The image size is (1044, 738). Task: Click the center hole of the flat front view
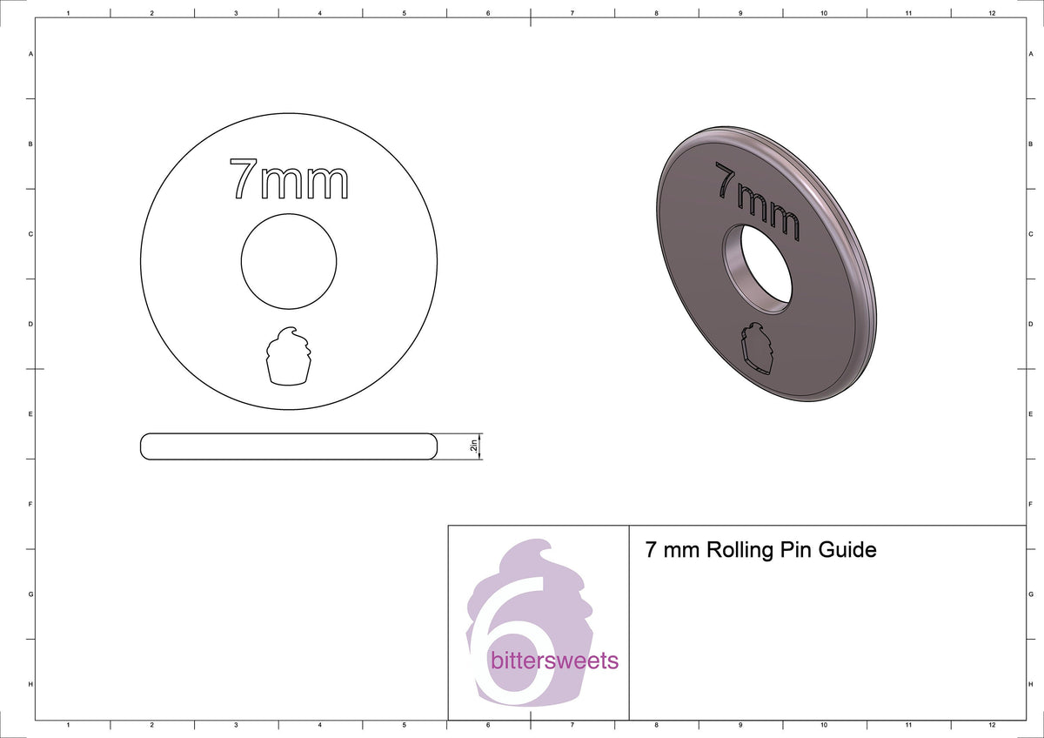(288, 259)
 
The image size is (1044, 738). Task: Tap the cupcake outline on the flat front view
(288, 355)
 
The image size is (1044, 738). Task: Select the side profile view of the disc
(288, 446)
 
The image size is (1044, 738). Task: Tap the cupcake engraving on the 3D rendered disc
(758, 349)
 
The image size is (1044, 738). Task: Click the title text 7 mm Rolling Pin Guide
(760, 550)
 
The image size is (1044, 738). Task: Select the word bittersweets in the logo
(554, 661)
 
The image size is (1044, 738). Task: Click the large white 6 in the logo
(513, 644)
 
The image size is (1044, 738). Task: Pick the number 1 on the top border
(68, 14)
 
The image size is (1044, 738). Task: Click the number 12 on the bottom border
(992, 724)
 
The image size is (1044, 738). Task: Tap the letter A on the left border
(31, 54)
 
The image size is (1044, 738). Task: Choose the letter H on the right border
(1030, 685)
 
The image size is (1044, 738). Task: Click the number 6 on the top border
(488, 14)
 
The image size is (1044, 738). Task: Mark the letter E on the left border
(31, 413)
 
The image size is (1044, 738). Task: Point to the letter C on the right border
(1030, 234)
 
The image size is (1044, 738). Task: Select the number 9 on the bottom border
(739, 724)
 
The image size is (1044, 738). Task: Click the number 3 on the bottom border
(236, 724)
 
